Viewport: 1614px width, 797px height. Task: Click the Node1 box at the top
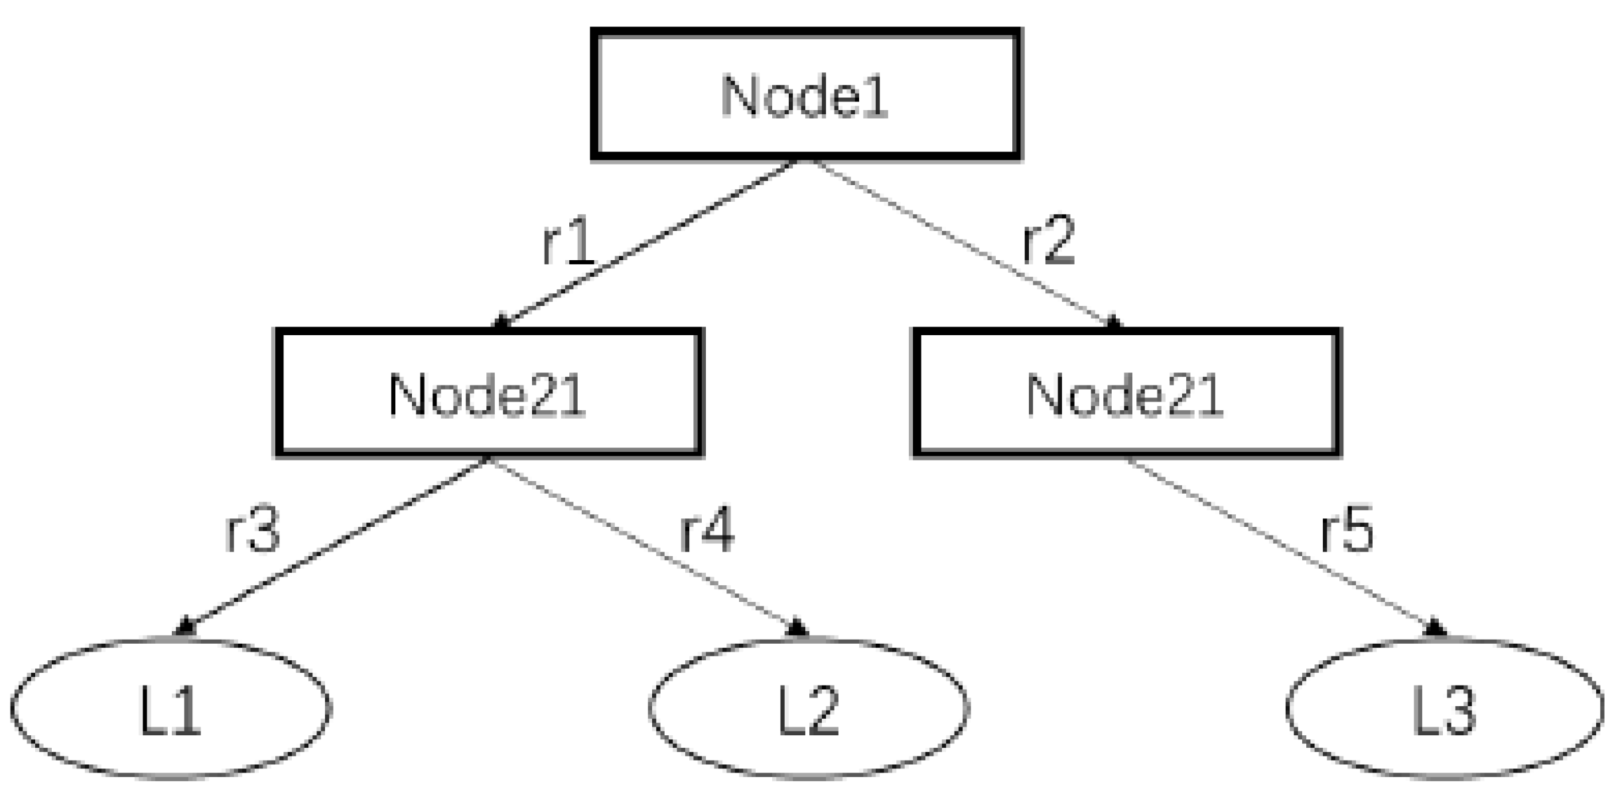(805, 94)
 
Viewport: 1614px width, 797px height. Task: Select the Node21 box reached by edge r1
(489, 393)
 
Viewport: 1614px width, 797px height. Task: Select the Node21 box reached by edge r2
(1126, 393)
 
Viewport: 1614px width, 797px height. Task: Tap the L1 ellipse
(170, 707)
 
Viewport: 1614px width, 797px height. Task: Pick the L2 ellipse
(808, 707)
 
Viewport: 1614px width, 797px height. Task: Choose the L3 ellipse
(1445, 707)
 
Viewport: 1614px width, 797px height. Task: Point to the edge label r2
(1048, 241)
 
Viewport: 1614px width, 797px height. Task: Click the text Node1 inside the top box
(804, 97)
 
